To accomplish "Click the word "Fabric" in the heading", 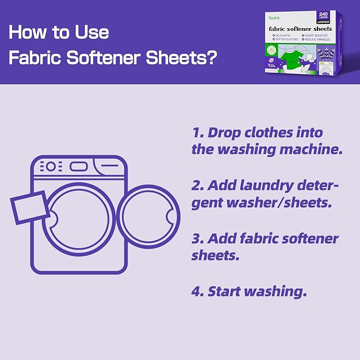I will [33, 57].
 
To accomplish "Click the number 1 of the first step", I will [196, 133].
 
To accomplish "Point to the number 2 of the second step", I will [197, 186].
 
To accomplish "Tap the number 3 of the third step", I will [197, 239].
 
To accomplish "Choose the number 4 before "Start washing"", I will [197, 291].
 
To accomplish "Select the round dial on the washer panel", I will [50, 166].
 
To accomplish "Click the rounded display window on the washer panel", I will [78, 166].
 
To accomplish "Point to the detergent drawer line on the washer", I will [111, 166].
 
